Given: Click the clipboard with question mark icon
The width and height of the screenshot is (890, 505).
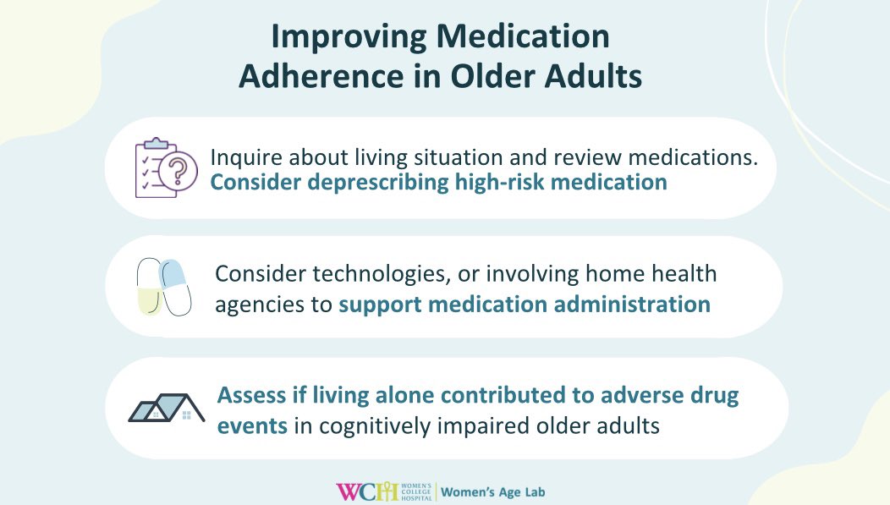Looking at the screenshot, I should (161, 167).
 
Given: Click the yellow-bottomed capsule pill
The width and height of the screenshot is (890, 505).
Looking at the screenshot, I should (148, 288).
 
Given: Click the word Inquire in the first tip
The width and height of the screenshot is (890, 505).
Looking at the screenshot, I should (244, 158).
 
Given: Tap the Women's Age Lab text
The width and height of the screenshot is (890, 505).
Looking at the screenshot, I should (500, 491).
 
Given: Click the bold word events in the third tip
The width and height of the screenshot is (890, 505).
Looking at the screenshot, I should (252, 425).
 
